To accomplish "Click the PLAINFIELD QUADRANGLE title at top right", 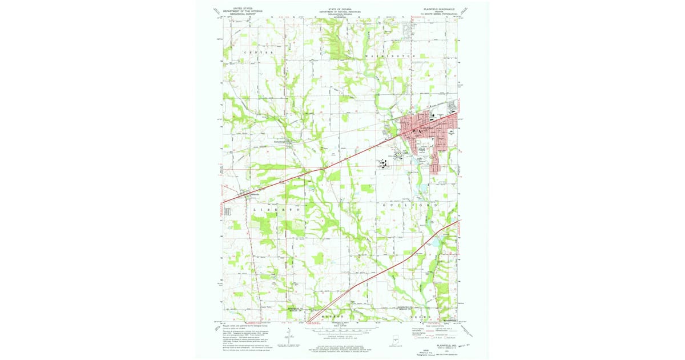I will (x=440, y=9).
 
